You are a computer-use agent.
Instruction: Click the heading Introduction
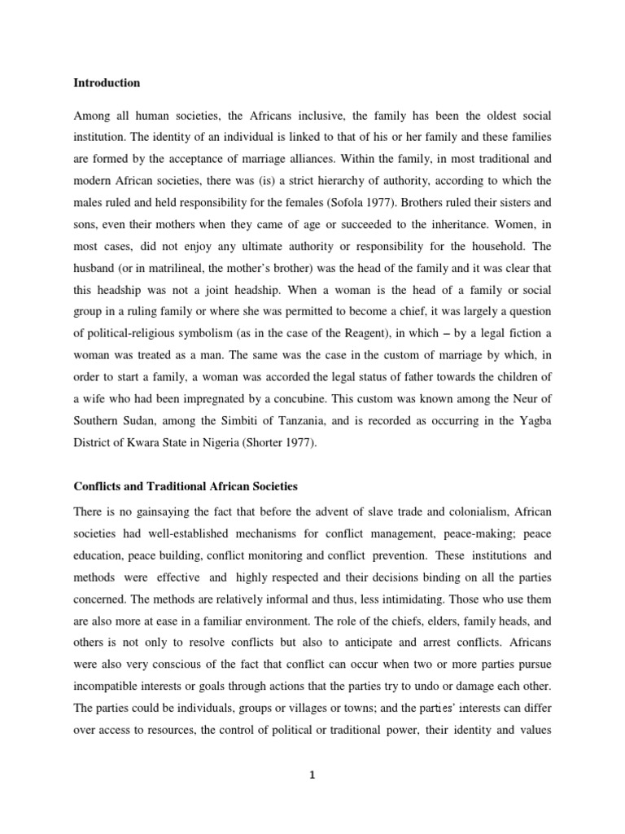(x=107, y=83)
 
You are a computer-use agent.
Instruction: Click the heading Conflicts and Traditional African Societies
(x=186, y=486)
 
